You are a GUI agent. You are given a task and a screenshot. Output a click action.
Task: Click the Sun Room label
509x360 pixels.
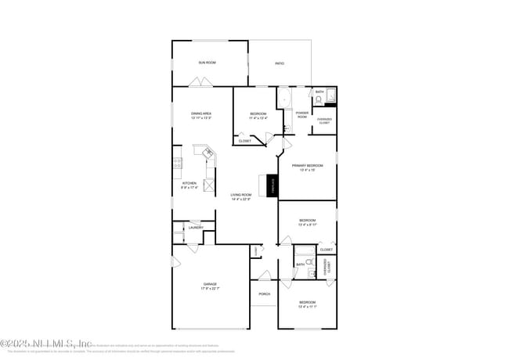tap(207, 62)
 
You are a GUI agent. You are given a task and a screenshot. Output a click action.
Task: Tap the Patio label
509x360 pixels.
tap(279, 63)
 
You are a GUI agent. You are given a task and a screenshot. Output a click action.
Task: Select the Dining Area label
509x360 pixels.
tap(201, 115)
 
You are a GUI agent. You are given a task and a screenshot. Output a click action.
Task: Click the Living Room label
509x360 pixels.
tap(241, 196)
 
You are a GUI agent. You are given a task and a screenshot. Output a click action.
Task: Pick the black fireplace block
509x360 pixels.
tap(273, 185)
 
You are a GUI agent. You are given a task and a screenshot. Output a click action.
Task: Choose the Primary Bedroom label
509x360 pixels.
tap(308, 167)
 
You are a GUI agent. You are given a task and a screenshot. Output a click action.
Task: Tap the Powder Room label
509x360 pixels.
tap(301, 114)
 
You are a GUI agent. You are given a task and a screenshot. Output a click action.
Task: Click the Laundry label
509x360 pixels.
tap(196, 228)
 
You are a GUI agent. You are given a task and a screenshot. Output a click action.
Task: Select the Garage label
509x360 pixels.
tap(210, 286)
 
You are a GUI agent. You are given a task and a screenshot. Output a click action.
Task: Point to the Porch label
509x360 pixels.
tap(264, 294)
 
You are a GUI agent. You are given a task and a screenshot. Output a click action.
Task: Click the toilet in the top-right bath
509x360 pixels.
tap(319, 99)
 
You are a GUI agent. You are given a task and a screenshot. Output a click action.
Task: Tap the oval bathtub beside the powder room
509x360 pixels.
tap(284, 100)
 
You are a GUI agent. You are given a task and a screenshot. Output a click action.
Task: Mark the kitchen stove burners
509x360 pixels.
tap(178, 164)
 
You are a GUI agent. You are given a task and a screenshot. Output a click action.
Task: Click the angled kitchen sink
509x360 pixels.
tap(208, 154)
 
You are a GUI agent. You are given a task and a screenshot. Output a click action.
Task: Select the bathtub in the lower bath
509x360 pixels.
tap(301, 251)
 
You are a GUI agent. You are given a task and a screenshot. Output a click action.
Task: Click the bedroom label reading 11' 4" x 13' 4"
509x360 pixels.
tap(258, 116)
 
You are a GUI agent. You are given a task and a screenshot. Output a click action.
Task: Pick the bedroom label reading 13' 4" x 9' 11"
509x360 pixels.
tap(307, 222)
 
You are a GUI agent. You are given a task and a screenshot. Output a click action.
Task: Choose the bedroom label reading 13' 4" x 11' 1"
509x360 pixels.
tap(307, 304)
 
